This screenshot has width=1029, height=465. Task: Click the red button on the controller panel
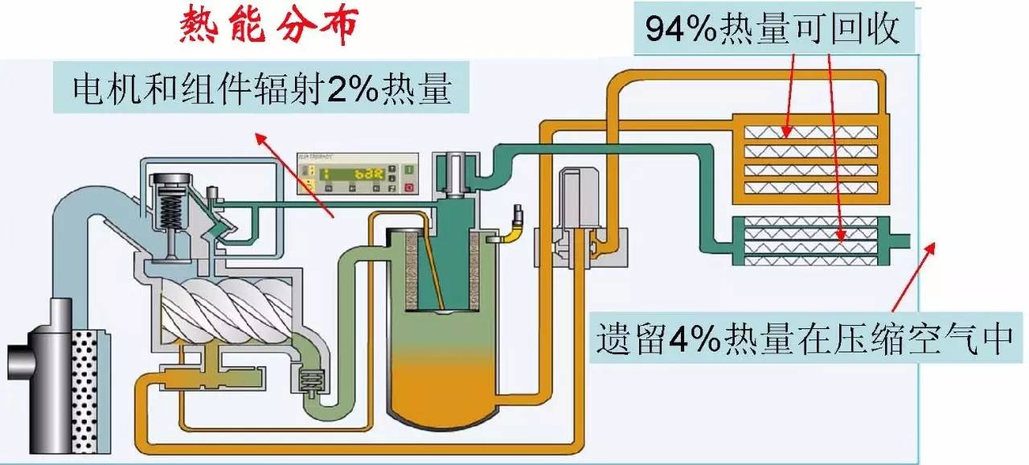click(408, 187)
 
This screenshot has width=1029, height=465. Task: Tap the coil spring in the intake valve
click(169, 212)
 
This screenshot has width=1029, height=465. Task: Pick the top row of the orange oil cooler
click(810, 132)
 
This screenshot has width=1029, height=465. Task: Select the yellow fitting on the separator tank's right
click(510, 232)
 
